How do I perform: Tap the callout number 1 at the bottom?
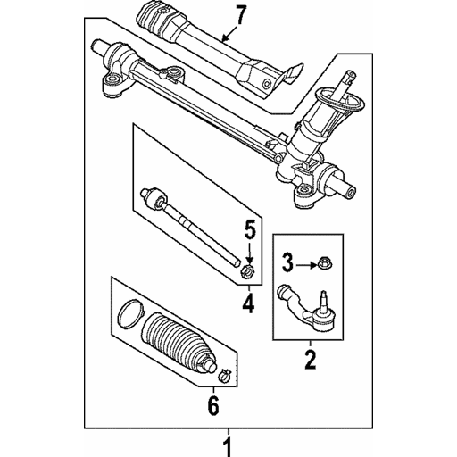[x=228, y=444]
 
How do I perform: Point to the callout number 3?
[x=287, y=262]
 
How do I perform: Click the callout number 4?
[x=248, y=304]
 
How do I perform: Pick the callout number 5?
[x=249, y=228]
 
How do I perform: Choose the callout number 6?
[x=212, y=406]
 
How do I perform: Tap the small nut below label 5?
[x=249, y=269]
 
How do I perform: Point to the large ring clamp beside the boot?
[x=130, y=314]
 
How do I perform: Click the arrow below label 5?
[x=249, y=250]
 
